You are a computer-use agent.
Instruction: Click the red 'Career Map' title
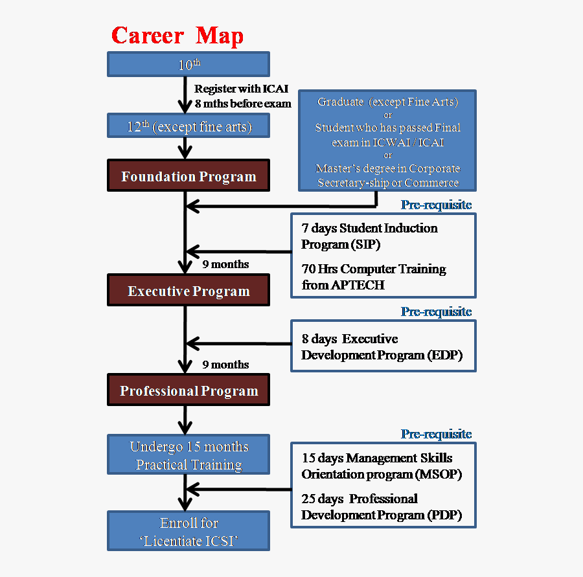pyautogui.click(x=177, y=35)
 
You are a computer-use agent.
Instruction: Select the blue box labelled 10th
pyautogui.click(x=188, y=65)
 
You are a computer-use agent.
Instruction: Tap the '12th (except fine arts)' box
pyautogui.click(x=188, y=126)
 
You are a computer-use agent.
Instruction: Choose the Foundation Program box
pyautogui.click(x=188, y=177)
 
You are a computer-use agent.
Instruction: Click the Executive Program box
pyautogui.click(x=188, y=291)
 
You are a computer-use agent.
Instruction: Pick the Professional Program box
pyautogui.click(x=188, y=391)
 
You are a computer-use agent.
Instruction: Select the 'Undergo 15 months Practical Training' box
pyautogui.click(x=188, y=455)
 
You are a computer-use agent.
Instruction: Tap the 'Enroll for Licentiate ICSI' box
pyautogui.click(x=188, y=532)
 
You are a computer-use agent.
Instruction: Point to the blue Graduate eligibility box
pyautogui.click(x=387, y=141)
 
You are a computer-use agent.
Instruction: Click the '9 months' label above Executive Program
pyautogui.click(x=225, y=264)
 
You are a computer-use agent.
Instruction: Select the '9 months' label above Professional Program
pyautogui.click(x=225, y=365)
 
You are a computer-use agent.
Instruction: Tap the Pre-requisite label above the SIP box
pyautogui.click(x=436, y=205)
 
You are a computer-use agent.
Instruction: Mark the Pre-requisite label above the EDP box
pyautogui.click(x=436, y=311)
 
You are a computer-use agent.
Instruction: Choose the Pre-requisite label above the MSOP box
pyautogui.click(x=436, y=434)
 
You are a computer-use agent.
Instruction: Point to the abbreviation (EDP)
pyautogui.click(x=445, y=355)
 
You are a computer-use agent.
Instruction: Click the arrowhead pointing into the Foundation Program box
pyautogui.click(x=186, y=153)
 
